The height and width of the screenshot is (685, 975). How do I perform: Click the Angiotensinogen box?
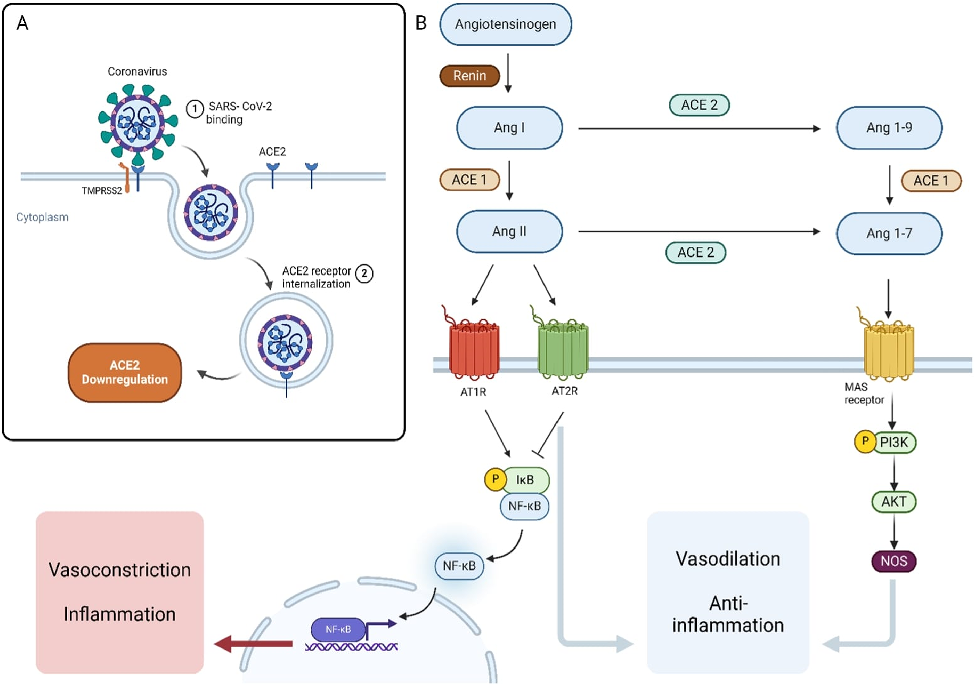tap(505, 24)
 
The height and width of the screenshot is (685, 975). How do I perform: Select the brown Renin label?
tap(469, 76)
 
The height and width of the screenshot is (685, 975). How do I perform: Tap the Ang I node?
tap(509, 128)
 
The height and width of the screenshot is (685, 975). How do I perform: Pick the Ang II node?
tap(509, 231)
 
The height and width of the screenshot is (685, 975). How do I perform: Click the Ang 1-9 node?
tap(889, 128)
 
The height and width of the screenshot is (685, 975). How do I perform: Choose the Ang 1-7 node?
tap(889, 233)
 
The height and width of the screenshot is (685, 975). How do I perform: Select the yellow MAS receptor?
tap(888, 351)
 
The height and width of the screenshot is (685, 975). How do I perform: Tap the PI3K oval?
tap(894, 442)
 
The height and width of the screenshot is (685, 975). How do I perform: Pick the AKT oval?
tap(894, 501)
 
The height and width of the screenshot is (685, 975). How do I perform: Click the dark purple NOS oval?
tap(894, 561)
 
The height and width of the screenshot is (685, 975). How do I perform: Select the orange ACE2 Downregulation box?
tap(124, 372)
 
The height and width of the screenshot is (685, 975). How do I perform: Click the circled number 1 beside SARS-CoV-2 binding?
tap(195, 108)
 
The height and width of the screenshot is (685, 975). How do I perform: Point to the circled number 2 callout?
tap(364, 273)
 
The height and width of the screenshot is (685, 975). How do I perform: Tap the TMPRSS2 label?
tap(102, 191)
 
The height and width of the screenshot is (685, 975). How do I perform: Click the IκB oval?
tap(525, 480)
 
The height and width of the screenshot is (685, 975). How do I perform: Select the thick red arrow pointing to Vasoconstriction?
tap(253, 643)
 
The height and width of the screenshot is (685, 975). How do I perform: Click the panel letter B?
tap(421, 23)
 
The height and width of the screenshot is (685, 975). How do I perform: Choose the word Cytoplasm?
tap(42, 217)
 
